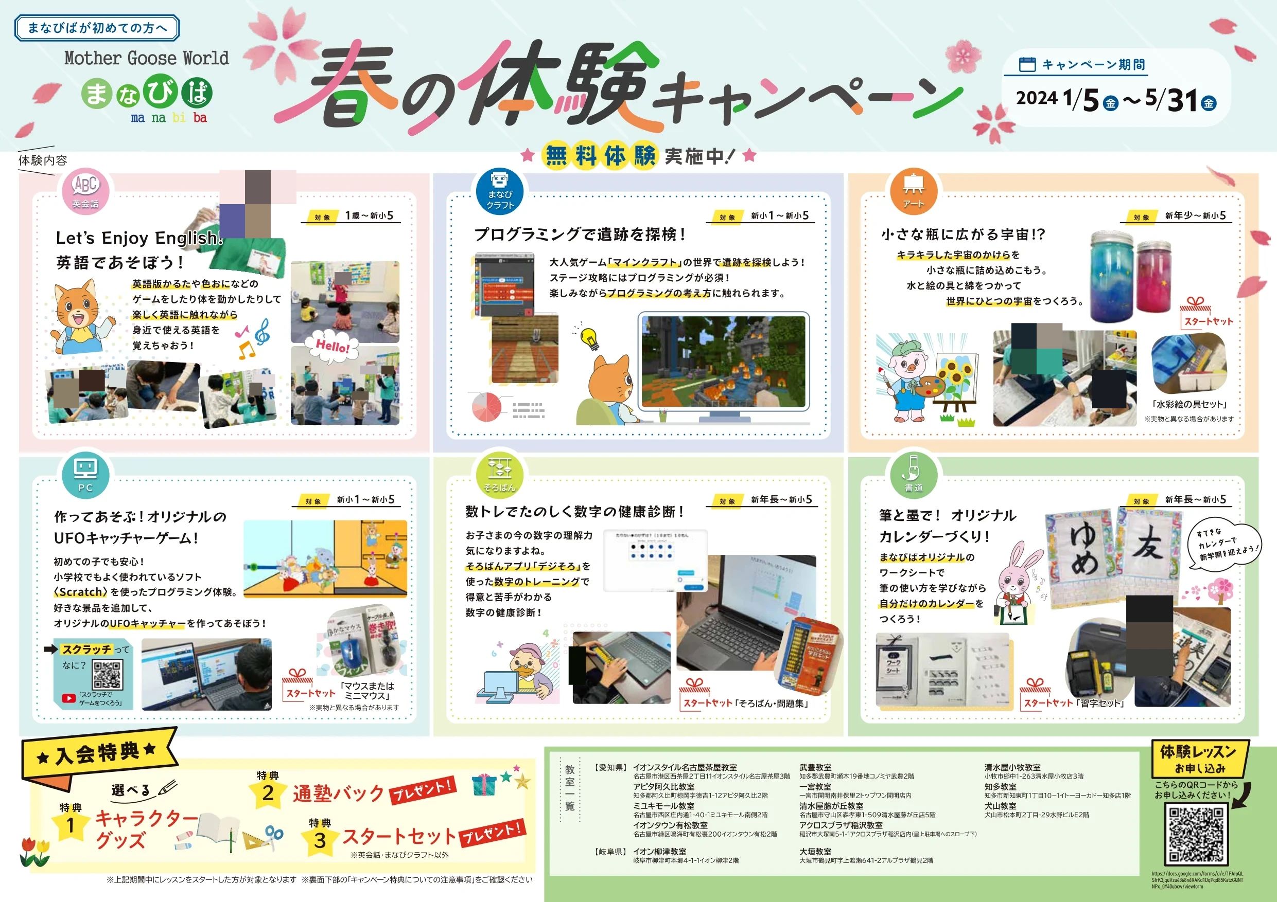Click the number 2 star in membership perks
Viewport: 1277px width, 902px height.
[x=268, y=792]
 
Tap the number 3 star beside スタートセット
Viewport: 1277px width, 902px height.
[x=320, y=840]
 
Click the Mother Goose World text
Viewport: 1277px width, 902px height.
[x=146, y=58]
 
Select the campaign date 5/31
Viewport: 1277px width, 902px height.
[x=1174, y=100]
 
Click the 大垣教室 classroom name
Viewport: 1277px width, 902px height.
[x=815, y=852]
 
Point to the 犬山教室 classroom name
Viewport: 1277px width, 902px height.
[x=1000, y=806]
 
